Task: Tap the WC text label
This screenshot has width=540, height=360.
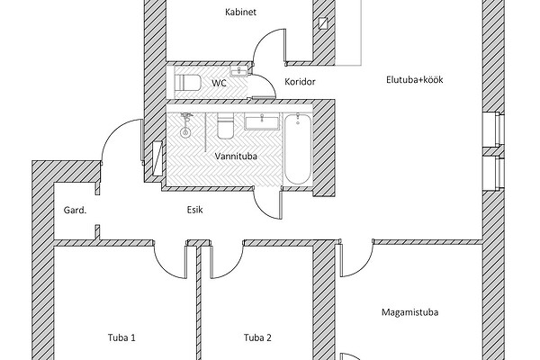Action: coord(219,83)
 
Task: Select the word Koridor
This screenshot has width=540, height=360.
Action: coord(299,82)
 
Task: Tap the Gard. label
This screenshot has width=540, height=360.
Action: coord(75,210)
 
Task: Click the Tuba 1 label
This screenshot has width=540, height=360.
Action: coord(121,338)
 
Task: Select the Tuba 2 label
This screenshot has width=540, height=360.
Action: coord(257,338)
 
